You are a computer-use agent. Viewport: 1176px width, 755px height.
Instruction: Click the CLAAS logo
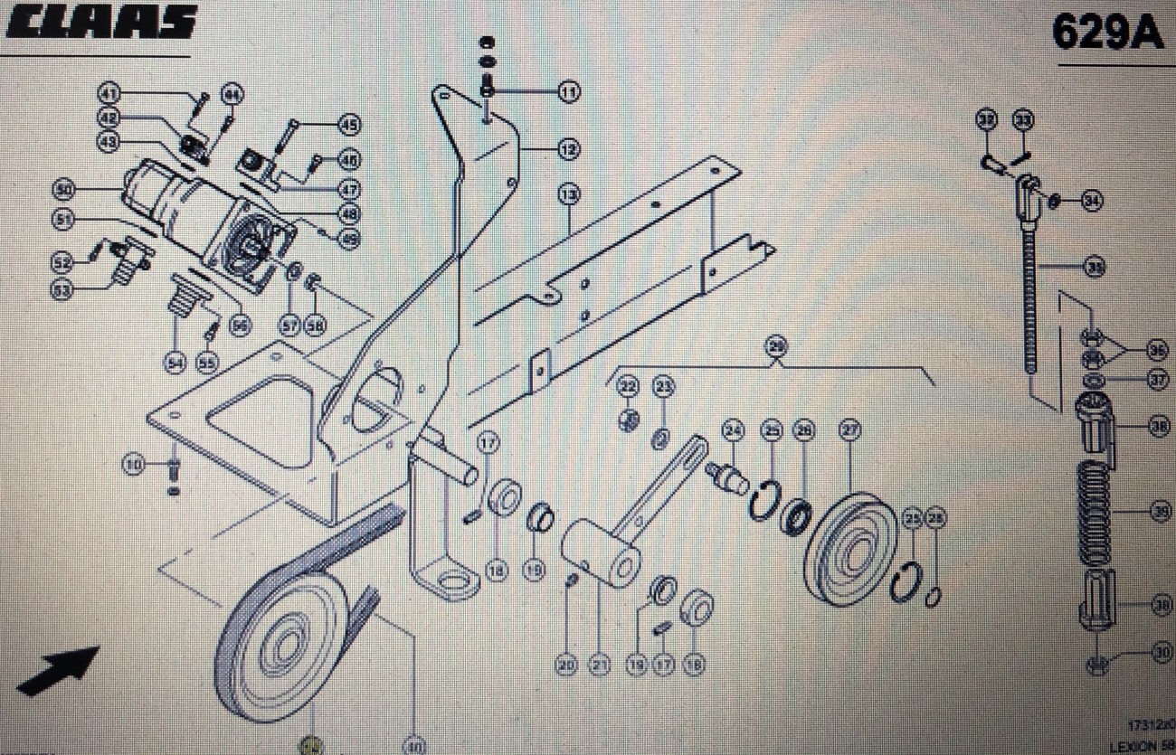100,23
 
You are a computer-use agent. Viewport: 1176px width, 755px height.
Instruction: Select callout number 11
568,91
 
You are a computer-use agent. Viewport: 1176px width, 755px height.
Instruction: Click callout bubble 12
568,150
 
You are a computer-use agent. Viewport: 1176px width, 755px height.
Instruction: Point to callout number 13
568,193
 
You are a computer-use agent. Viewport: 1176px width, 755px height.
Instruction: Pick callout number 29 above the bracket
775,344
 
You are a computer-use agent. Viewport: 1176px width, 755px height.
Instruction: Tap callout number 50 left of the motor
63,190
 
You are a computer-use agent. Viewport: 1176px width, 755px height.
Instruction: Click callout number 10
134,465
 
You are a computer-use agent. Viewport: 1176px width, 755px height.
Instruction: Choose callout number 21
598,665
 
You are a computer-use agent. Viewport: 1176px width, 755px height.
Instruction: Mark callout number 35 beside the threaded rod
1095,267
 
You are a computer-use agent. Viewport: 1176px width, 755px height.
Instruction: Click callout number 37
1159,381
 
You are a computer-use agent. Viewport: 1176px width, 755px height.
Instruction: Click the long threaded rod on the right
1031,289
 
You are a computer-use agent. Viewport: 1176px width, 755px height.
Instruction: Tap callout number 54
175,363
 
